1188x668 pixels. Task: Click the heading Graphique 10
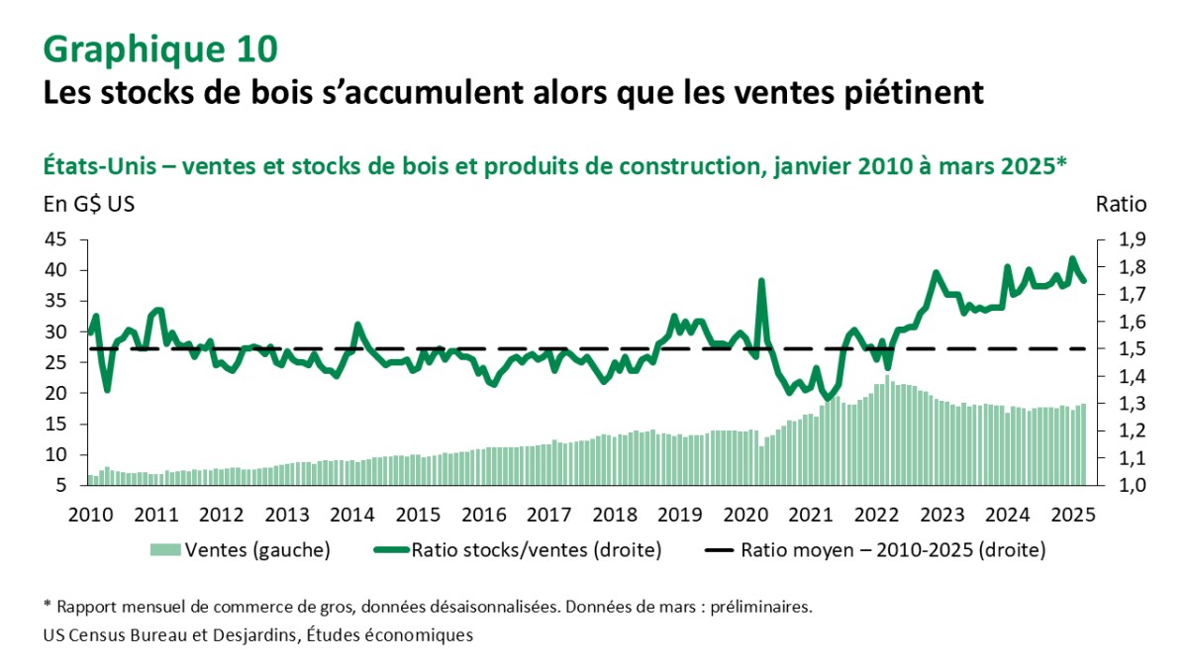[x=160, y=48]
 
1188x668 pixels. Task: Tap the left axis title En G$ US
[x=88, y=206]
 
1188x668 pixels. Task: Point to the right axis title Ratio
[x=1120, y=206]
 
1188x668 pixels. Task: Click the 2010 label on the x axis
[x=90, y=515]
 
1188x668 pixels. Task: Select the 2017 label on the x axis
[x=547, y=515]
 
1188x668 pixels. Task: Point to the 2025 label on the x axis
[x=1071, y=515]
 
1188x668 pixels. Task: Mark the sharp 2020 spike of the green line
[x=761, y=281]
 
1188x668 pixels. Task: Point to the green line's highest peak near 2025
[x=1072, y=259]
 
